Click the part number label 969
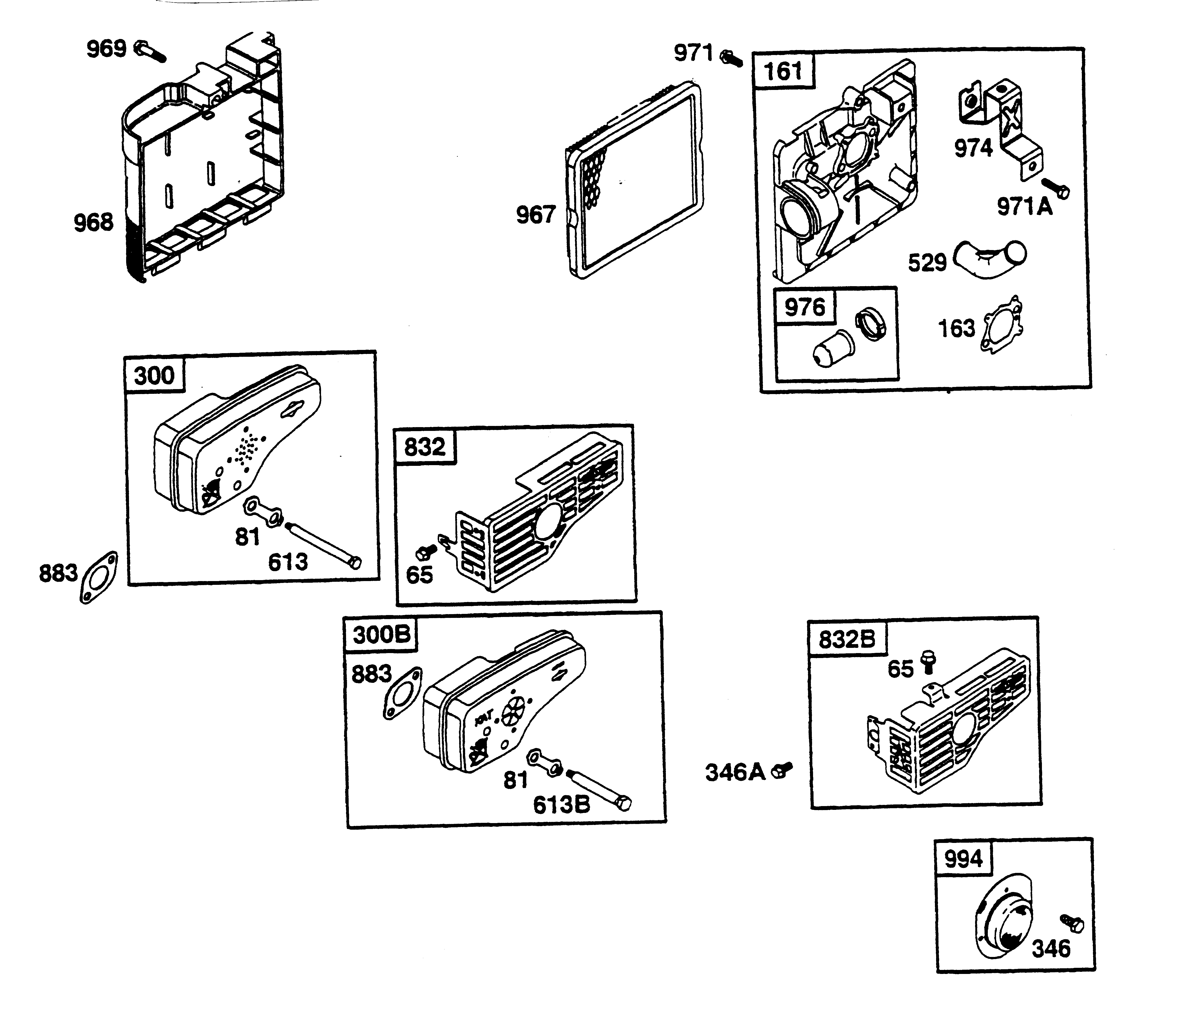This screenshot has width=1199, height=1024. [x=106, y=49]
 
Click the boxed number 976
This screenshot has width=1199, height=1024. [x=804, y=307]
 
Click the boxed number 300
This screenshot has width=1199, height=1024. [x=154, y=375]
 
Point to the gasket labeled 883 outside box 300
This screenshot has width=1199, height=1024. [x=98, y=577]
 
